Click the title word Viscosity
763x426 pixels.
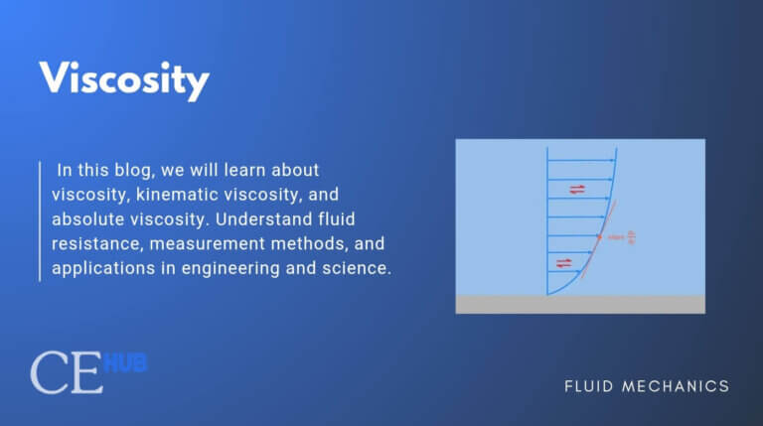click(123, 77)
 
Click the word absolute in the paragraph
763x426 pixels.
click(87, 218)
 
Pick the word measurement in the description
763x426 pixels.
click(230, 243)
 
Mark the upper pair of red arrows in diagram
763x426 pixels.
click(577, 189)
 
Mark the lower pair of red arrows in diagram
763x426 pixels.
click(564, 262)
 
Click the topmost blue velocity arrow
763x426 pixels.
click(581, 161)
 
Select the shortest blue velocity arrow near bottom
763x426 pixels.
click(557, 273)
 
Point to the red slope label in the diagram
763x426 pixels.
click(621, 237)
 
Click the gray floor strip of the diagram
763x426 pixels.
click(580, 304)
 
